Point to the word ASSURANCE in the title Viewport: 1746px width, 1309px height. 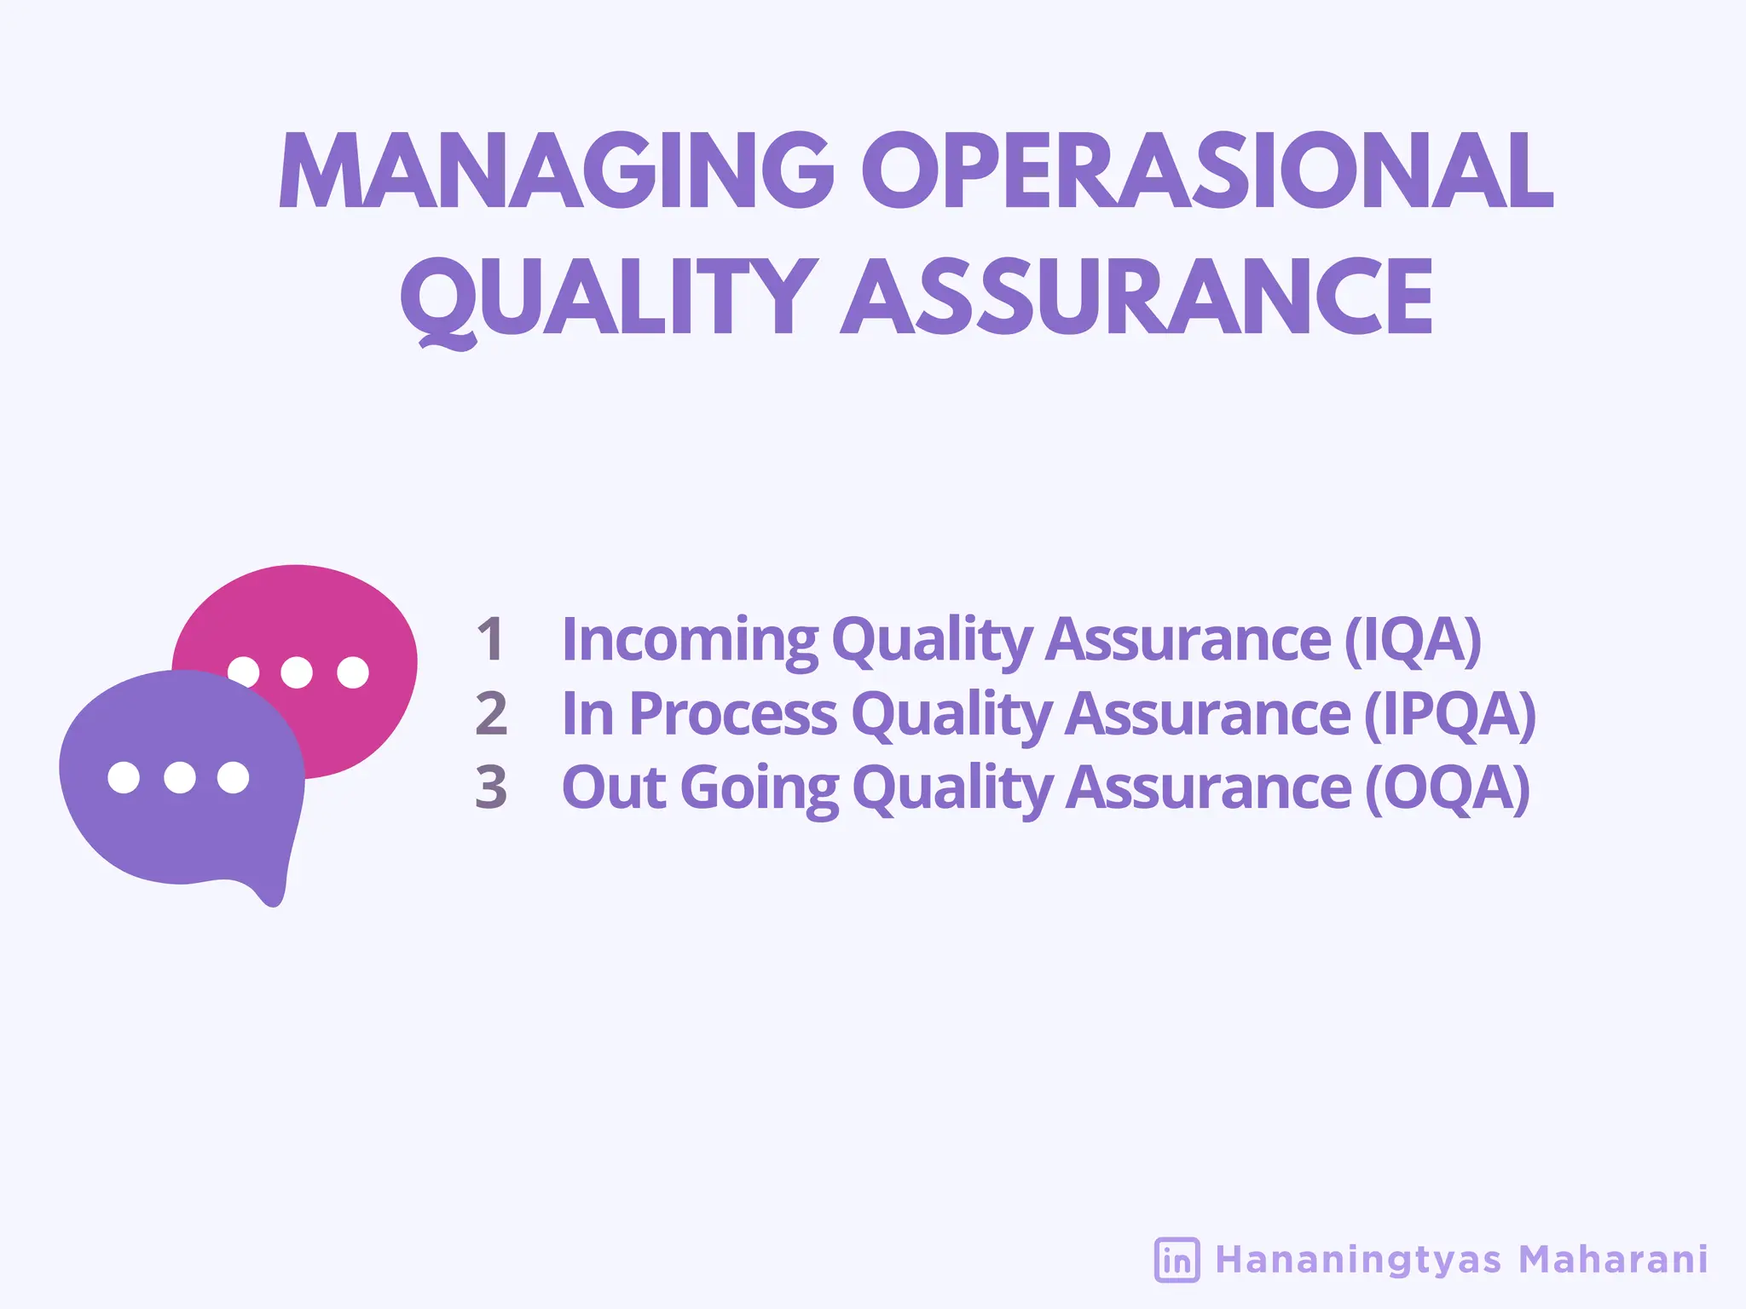1137,297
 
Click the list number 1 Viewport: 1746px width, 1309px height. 490,639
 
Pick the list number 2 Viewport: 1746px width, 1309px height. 491,713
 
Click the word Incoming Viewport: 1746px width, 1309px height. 690,639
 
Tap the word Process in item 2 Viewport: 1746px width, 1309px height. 732,713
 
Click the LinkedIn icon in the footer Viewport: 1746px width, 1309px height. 1177,1260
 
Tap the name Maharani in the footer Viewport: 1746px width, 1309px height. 1613,1260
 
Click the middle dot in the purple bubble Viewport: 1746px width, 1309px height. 179,777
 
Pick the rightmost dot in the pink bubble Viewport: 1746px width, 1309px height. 352,672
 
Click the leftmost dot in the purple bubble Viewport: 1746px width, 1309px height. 124,777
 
